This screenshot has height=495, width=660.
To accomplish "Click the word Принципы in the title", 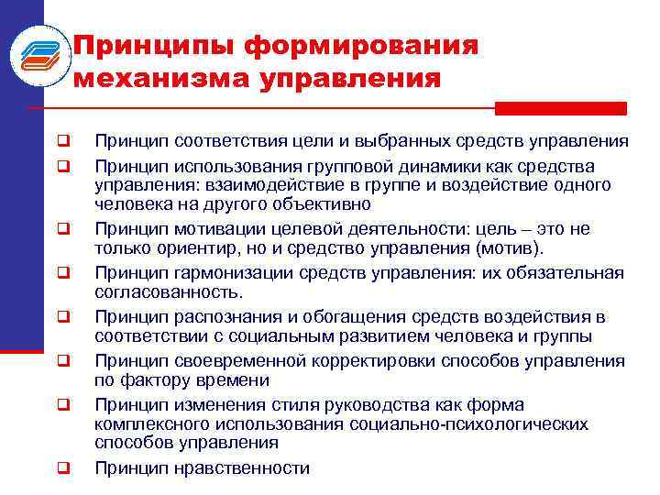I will [134, 45].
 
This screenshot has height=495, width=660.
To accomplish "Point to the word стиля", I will [269, 404].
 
